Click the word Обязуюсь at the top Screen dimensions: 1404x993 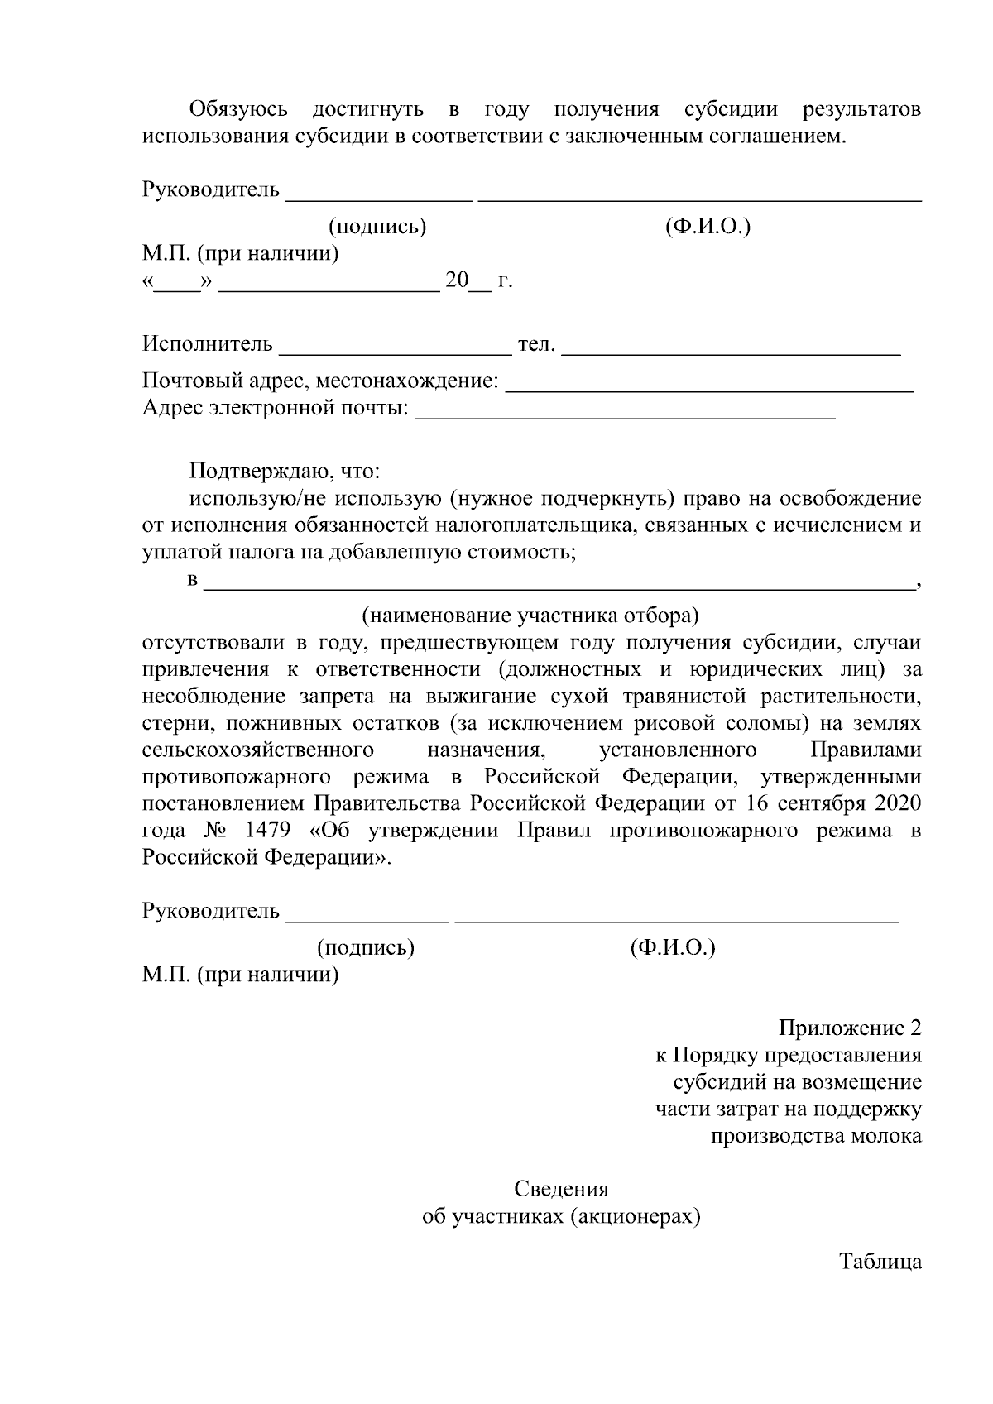click(238, 109)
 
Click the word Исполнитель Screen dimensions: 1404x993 click(207, 343)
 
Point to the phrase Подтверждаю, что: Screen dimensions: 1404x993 click(285, 472)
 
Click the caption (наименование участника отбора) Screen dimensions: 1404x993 click(530, 616)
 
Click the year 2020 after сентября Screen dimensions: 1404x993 click(896, 803)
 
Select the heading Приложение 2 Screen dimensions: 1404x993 click(850, 1028)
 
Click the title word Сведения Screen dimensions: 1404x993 click(561, 1189)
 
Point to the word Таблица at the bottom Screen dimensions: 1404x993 click(880, 1262)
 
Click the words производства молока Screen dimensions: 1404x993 click(816, 1136)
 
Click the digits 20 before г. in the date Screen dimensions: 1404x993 click(457, 280)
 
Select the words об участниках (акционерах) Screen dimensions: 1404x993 click(561, 1216)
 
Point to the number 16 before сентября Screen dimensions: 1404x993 click(757, 803)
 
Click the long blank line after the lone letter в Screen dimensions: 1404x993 click(559, 584)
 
